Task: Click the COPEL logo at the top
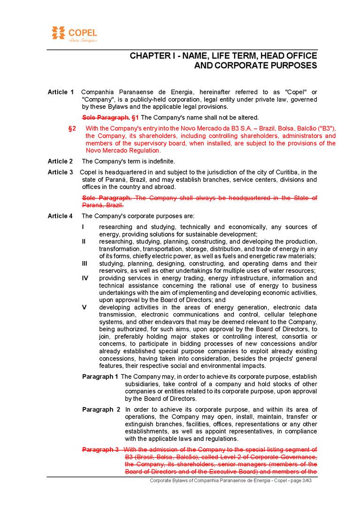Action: [x=74, y=34]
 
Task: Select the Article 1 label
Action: [x=61, y=92]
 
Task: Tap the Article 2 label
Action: [x=61, y=162]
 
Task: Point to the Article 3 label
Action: [x=61, y=172]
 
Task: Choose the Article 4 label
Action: [x=61, y=216]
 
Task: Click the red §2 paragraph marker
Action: [x=72, y=128]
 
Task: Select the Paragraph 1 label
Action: [x=100, y=377]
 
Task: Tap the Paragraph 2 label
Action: [x=101, y=409]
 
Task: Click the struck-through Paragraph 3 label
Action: [x=100, y=450]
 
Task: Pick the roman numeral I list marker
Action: [x=83, y=227]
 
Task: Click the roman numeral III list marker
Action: [x=84, y=263]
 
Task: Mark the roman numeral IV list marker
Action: [x=85, y=278]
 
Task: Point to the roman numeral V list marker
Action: [x=84, y=307]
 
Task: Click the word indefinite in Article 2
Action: [x=160, y=162]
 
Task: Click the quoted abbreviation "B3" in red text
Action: [x=326, y=128]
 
